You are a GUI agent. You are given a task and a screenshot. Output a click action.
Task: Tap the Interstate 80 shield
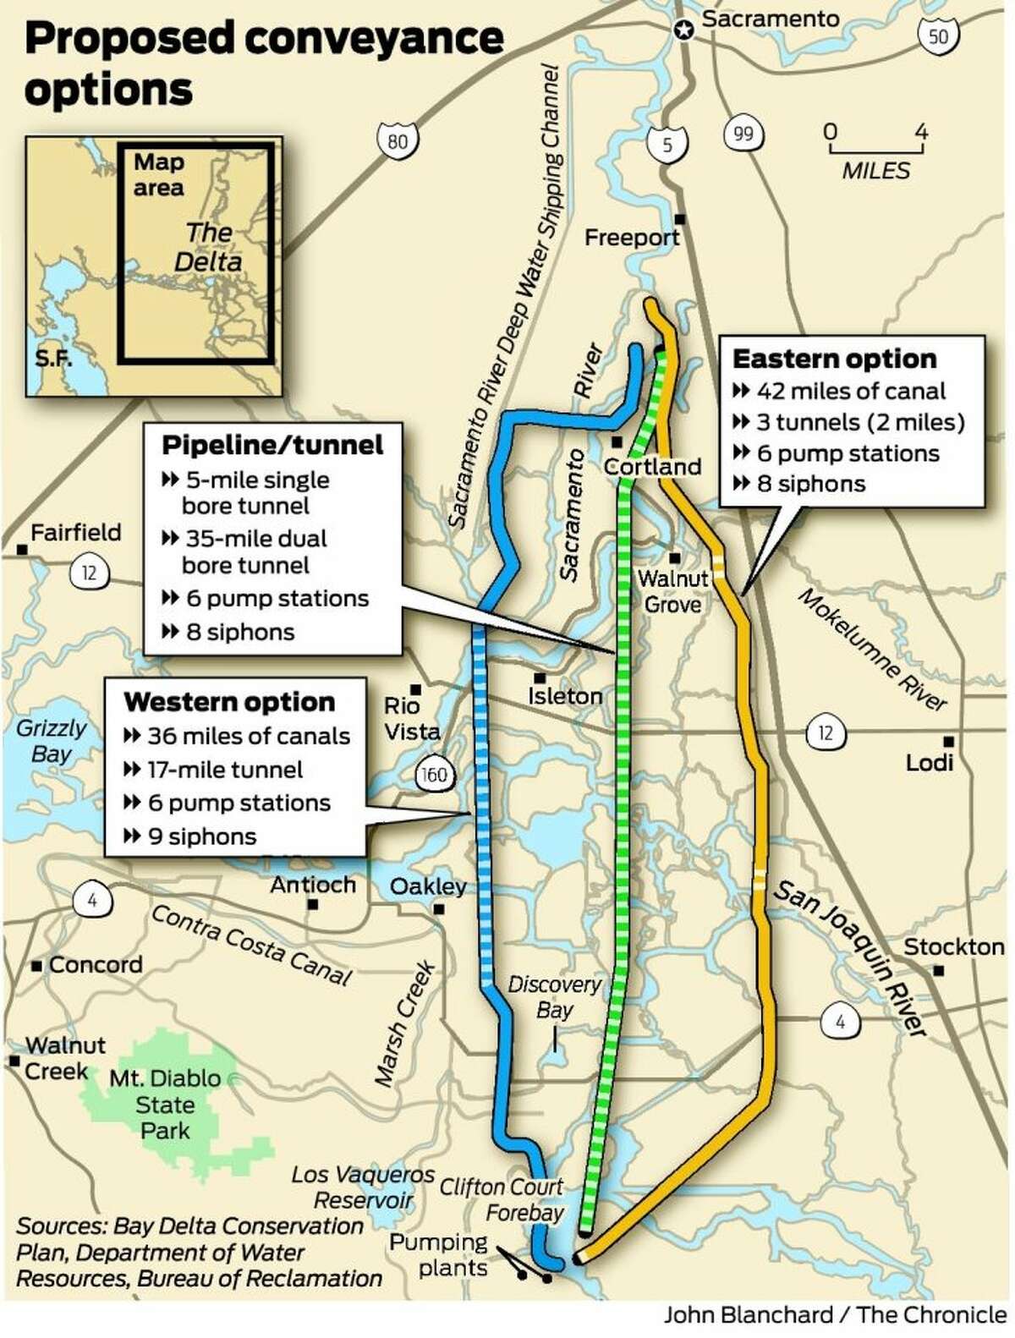coord(398,140)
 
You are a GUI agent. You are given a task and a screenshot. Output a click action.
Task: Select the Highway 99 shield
coord(743,133)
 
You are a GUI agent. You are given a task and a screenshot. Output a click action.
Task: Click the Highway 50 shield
coord(937,36)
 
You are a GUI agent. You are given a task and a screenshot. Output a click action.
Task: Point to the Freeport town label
coord(632,238)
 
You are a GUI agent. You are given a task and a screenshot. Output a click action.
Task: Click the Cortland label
coord(652,466)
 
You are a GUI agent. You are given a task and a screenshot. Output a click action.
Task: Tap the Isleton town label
coord(565,696)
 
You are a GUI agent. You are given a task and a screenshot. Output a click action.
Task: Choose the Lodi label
coord(930,762)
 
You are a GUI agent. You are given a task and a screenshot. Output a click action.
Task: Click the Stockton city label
coord(954,946)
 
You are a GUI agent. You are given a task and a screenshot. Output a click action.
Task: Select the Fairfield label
coord(76,533)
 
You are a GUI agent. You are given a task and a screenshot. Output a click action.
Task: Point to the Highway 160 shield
coord(433,775)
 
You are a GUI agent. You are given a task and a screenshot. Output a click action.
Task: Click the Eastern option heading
coord(834,359)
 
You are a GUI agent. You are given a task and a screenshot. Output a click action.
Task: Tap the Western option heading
coord(229,702)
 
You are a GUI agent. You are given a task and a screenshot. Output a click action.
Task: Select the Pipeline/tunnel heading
coord(272,445)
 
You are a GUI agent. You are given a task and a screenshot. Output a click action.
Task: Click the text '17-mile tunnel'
coord(224,770)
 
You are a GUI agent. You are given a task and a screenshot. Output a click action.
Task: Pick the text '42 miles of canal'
coord(850,391)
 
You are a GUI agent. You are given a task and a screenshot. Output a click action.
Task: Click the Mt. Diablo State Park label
coord(165,1105)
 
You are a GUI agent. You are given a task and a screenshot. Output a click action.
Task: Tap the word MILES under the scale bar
coord(875,171)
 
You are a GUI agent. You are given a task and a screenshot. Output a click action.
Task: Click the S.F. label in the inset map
coord(52,358)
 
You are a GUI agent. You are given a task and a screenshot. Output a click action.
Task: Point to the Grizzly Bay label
coord(52,740)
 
